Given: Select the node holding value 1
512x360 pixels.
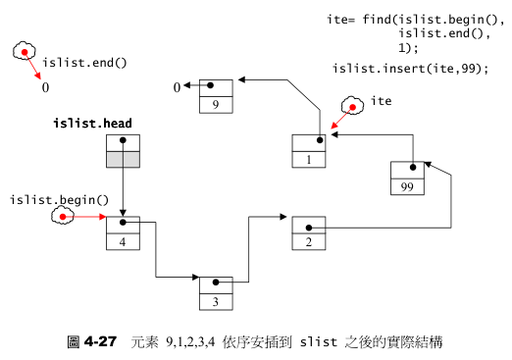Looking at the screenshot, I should point(308,150).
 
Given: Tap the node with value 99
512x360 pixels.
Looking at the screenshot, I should point(406,178).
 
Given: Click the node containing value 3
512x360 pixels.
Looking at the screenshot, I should point(214,293).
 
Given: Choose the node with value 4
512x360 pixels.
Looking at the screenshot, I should point(124,233).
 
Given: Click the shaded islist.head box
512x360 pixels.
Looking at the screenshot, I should point(124,151).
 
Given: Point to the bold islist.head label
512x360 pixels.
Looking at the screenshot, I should point(93,124).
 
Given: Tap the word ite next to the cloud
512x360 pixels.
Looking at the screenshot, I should point(382,100).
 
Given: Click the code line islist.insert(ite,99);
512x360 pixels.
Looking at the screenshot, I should point(410,68).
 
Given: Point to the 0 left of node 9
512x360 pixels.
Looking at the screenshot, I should point(178,88).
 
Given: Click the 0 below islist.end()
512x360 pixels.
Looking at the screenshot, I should point(45,87).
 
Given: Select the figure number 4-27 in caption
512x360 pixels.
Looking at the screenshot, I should point(100,341).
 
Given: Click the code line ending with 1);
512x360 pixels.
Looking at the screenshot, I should point(408,47).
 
